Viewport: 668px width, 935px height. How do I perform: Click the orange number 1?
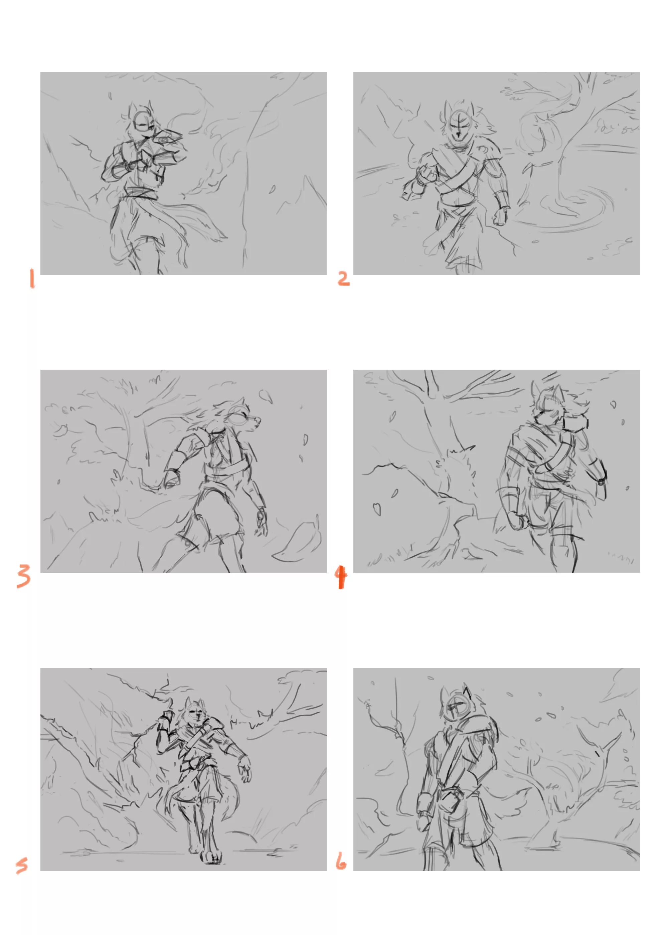click(32, 279)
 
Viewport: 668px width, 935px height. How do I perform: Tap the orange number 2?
click(343, 279)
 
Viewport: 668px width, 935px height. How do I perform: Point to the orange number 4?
click(341, 577)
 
